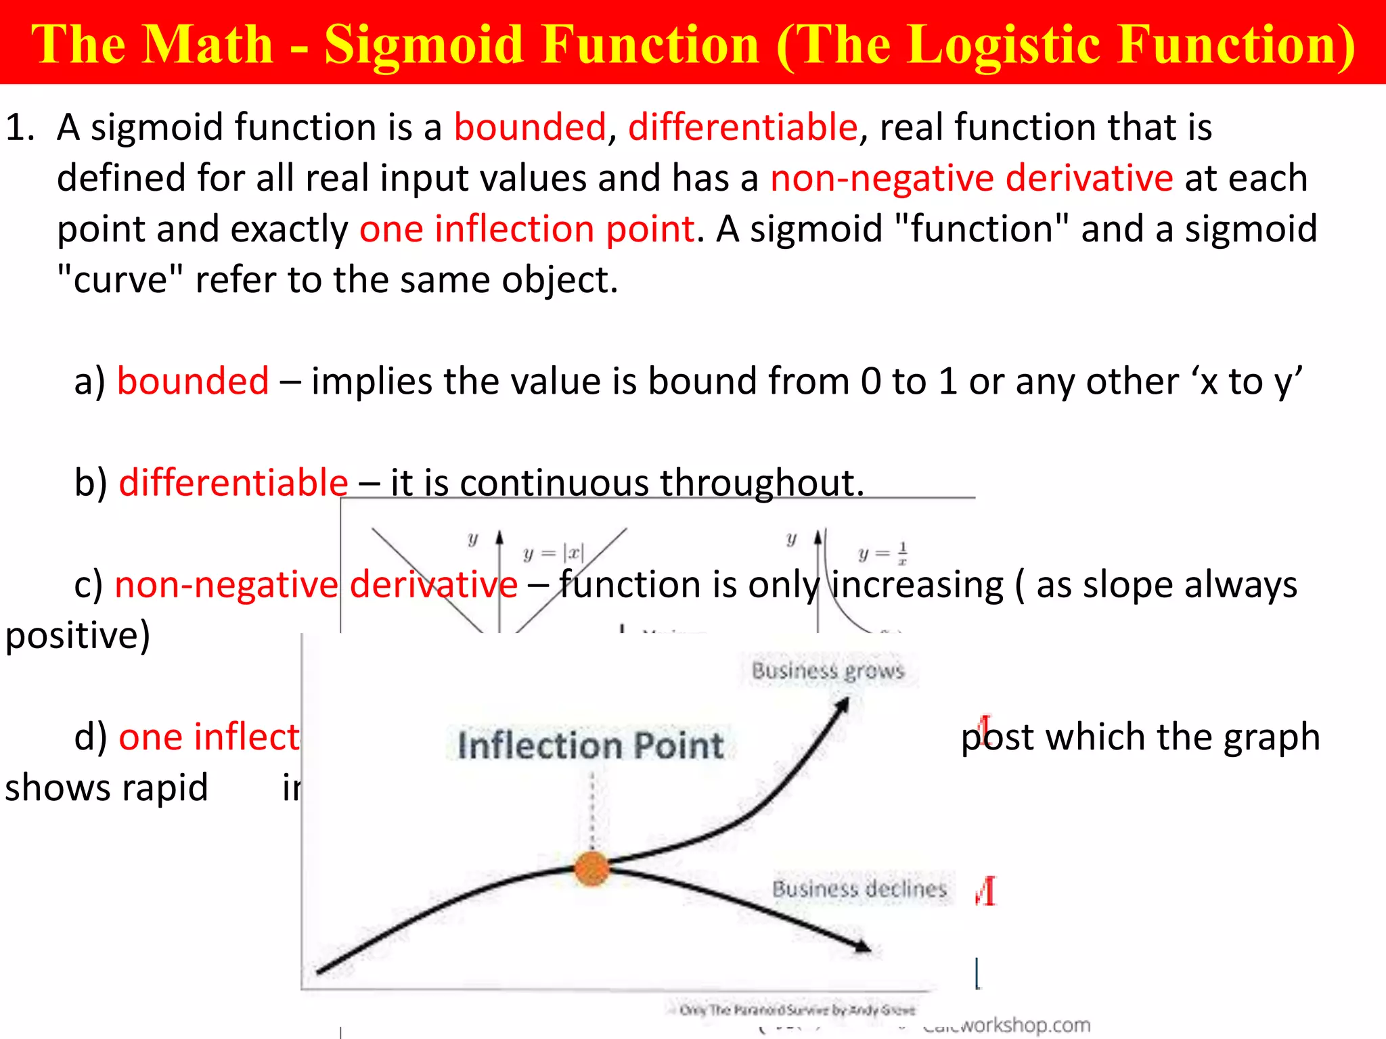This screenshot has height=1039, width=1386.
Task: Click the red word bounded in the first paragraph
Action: (x=529, y=127)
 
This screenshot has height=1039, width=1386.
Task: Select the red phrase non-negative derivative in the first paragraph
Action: (x=971, y=178)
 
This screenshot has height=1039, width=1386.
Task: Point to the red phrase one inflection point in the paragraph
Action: (x=527, y=229)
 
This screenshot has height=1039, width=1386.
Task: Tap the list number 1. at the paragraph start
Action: (x=20, y=127)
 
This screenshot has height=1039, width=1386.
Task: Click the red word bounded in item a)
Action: (x=193, y=381)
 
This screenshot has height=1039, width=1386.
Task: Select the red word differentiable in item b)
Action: (x=233, y=482)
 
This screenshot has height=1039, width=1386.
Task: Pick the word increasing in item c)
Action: (x=917, y=584)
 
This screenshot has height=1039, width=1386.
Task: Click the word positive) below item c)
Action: (x=77, y=635)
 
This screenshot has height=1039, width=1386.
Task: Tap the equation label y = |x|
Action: (x=553, y=553)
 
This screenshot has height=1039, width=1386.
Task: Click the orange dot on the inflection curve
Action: (x=591, y=869)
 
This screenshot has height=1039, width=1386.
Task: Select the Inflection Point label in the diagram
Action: (x=590, y=745)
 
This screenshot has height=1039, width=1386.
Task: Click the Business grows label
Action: (x=827, y=670)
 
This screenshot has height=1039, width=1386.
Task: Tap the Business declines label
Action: (x=859, y=888)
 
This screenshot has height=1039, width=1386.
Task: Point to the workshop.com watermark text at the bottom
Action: (x=1008, y=1025)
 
